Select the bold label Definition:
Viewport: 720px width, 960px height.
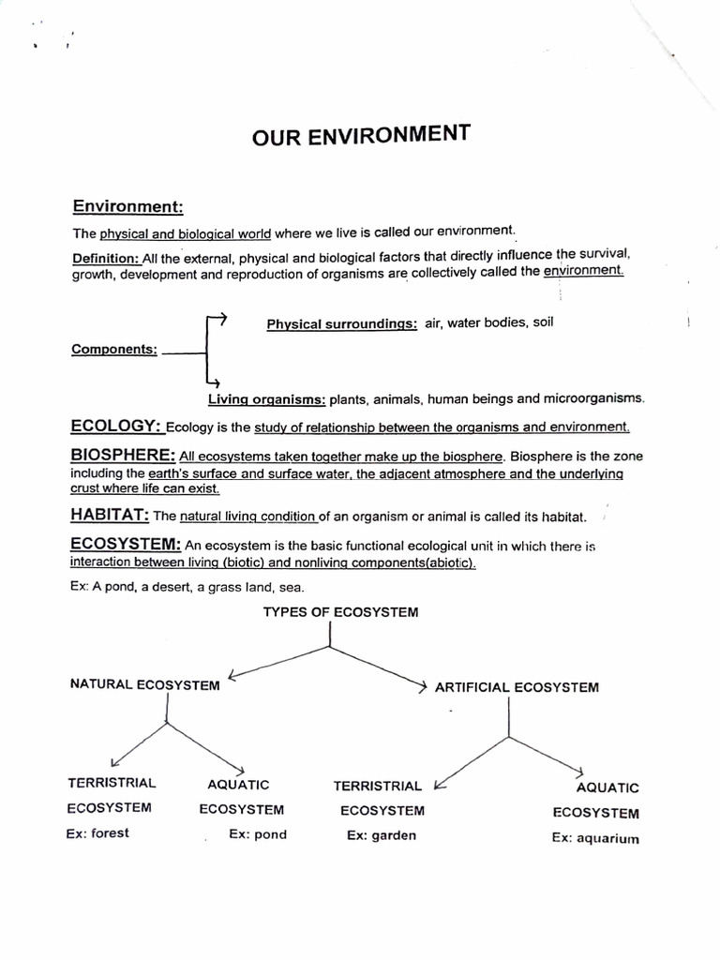point(106,257)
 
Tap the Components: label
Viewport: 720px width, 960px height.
point(114,350)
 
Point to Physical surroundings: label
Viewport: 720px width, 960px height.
point(341,324)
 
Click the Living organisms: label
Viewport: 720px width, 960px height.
point(266,398)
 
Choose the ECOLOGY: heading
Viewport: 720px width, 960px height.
point(117,427)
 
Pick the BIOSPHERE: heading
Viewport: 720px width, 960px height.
point(122,456)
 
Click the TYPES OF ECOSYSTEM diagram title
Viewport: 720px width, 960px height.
point(340,612)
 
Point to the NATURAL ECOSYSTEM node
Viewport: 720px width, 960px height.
point(144,684)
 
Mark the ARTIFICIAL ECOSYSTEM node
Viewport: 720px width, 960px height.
point(517,687)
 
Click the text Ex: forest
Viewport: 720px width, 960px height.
point(97,832)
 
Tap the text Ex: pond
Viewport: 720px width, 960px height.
point(258,834)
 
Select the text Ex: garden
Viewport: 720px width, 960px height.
point(381,835)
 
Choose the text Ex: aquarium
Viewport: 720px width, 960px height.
point(595,838)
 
